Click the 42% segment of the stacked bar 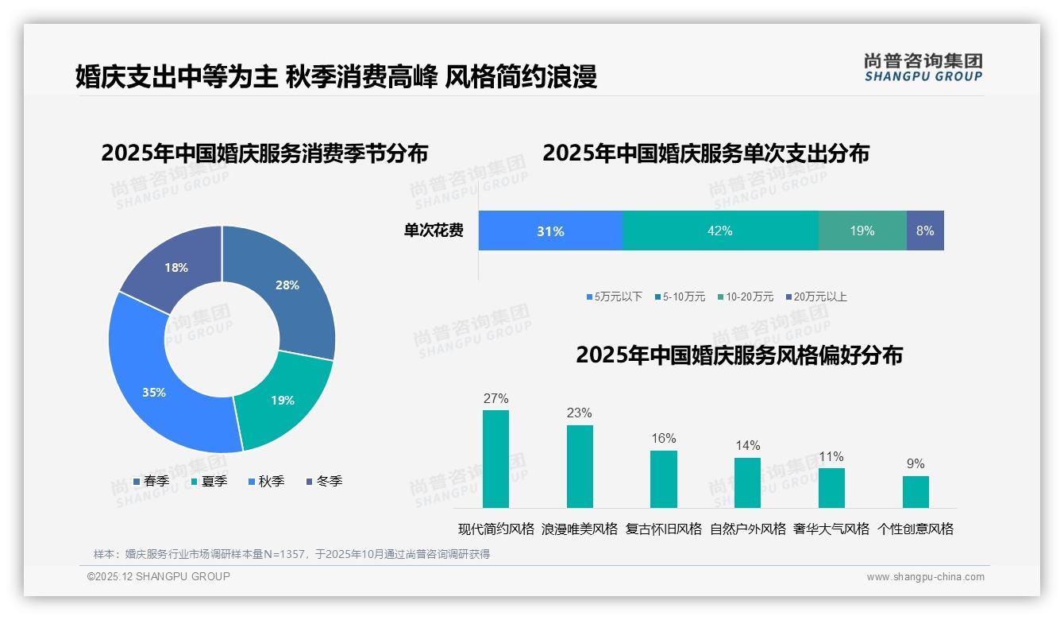[x=719, y=231]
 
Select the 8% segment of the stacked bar [x=925, y=231]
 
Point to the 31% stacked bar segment [x=549, y=231]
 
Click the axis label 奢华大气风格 [x=831, y=529]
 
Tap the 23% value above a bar [x=580, y=413]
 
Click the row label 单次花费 [x=434, y=231]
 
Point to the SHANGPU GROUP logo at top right [x=923, y=68]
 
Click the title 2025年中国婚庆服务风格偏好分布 [x=738, y=355]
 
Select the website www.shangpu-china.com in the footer [x=925, y=577]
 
